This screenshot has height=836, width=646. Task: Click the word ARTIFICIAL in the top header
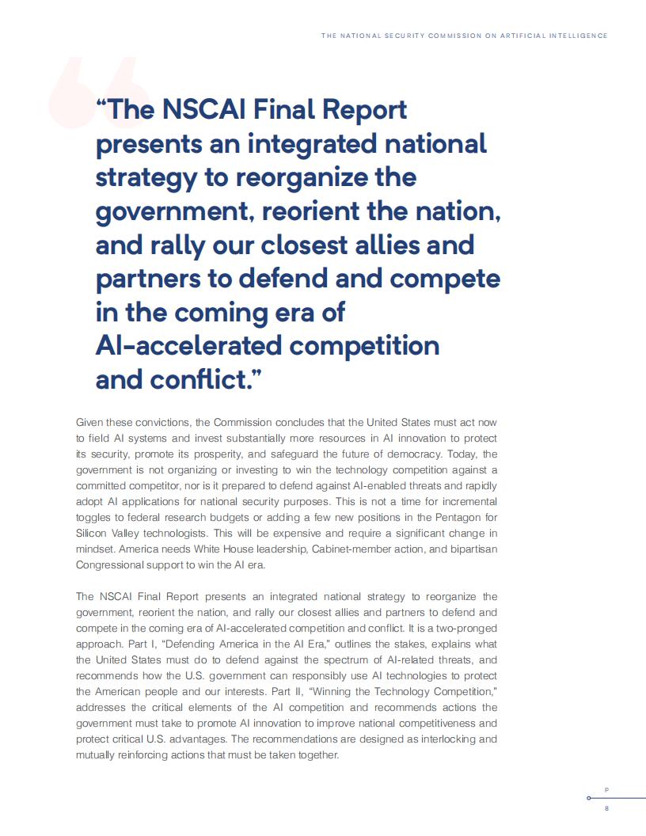tap(519, 36)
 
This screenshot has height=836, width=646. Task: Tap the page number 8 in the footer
tap(606, 809)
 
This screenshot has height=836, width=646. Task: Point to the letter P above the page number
tap(606, 790)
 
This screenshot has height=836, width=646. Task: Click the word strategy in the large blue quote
tap(145, 177)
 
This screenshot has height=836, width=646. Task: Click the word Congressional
tap(115, 565)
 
